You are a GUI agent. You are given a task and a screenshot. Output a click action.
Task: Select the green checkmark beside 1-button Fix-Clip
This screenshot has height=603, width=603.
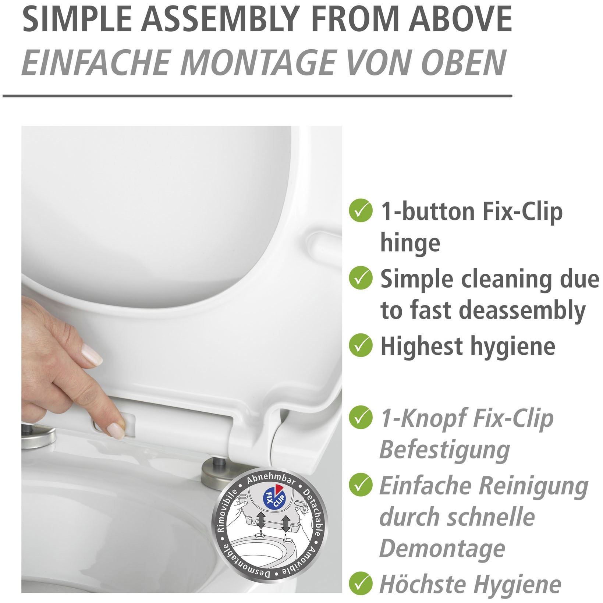point(359,210)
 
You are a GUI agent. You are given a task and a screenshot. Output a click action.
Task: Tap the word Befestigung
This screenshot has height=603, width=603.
point(444,450)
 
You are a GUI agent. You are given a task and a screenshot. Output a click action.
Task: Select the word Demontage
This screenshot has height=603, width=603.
point(442,549)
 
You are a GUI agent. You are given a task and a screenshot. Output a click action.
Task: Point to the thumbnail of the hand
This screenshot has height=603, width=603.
point(92,353)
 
